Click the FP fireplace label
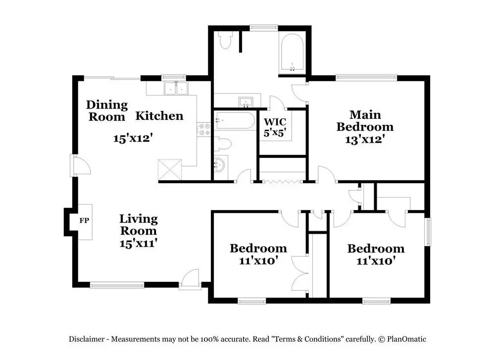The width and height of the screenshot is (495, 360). (x=84, y=220)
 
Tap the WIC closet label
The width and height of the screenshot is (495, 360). (x=275, y=122)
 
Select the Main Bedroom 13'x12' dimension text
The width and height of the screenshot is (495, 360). (x=365, y=139)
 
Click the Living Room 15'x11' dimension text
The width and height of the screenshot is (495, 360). (x=138, y=243)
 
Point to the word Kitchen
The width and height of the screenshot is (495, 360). (x=159, y=116)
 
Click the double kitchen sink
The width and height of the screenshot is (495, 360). (x=176, y=88)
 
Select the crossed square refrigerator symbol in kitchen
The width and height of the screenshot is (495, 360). (x=170, y=169)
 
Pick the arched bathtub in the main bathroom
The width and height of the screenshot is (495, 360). (x=292, y=52)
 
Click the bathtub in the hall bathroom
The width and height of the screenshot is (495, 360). (x=235, y=120)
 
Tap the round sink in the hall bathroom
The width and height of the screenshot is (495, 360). (x=220, y=165)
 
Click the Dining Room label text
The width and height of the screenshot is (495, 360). (x=107, y=111)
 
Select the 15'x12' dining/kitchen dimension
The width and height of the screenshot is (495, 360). (x=133, y=138)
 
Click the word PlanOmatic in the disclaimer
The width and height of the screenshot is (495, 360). (x=406, y=339)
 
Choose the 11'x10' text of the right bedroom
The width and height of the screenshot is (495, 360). (x=376, y=261)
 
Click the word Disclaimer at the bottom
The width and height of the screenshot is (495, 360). (x=87, y=339)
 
